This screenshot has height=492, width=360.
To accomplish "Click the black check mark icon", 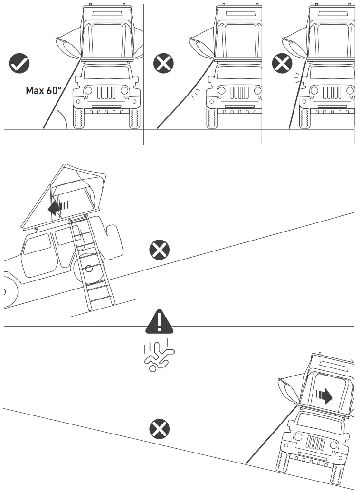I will [x=19, y=63].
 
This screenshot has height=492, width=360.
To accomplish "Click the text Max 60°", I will [x=43, y=90].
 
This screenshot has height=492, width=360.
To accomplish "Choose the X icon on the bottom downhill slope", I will [x=160, y=429].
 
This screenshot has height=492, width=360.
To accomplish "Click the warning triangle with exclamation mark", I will [x=159, y=323].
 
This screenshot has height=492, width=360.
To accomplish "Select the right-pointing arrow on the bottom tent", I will [x=323, y=396].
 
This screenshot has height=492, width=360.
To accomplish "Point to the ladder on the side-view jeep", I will [x=93, y=266].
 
